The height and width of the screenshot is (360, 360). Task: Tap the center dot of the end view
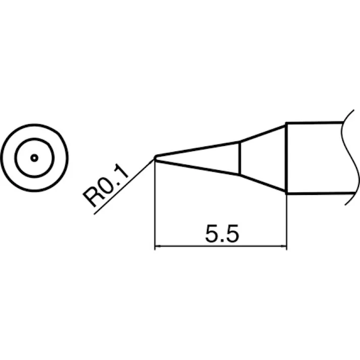click(34, 158)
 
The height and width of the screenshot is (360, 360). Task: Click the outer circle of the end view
click(34, 126)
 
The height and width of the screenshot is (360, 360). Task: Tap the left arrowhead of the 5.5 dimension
click(158, 247)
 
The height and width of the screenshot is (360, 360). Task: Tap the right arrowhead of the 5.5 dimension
click(283, 247)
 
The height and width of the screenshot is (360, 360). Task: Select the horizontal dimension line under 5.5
click(221, 247)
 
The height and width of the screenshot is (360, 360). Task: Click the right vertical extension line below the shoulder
click(286, 222)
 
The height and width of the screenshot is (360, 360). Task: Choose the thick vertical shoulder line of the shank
click(286, 158)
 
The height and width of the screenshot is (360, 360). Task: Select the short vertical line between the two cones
click(239, 158)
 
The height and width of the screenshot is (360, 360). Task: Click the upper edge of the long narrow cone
click(197, 149)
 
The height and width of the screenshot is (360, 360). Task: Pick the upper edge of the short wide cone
click(263, 133)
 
